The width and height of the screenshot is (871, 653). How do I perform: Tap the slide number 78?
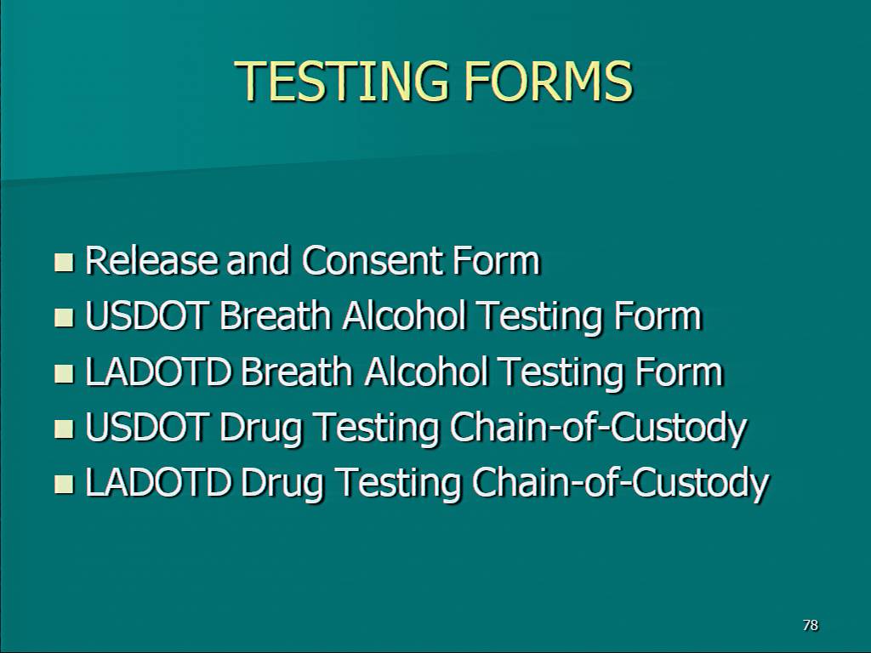pyautogui.click(x=811, y=625)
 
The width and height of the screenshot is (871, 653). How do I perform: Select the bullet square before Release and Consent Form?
pyautogui.click(x=64, y=262)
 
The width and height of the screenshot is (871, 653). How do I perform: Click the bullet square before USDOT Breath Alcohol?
pyautogui.click(x=64, y=318)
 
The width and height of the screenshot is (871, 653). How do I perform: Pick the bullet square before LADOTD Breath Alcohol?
pyautogui.click(x=64, y=373)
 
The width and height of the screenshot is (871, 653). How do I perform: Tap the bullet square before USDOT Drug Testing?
pyautogui.click(x=64, y=429)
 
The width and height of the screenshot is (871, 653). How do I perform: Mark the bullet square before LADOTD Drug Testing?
pyautogui.click(x=64, y=484)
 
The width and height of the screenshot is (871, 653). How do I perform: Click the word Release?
pyautogui.click(x=151, y=260)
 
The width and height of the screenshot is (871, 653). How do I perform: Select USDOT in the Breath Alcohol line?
pyautogui.click(x=147, y=315)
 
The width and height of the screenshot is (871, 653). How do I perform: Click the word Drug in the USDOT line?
pyautogui.click(x=261, y=429)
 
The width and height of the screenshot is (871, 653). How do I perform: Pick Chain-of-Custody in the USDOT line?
pyautogui.click(x=599, y=429)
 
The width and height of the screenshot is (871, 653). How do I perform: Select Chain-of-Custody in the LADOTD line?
pyautogui.click(x=621, y=484)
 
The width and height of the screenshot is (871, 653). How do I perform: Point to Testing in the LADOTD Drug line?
pyautogui.click(x=400, y=484)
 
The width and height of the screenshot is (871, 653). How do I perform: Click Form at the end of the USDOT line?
pyautogui.click(x=658, y=315)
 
